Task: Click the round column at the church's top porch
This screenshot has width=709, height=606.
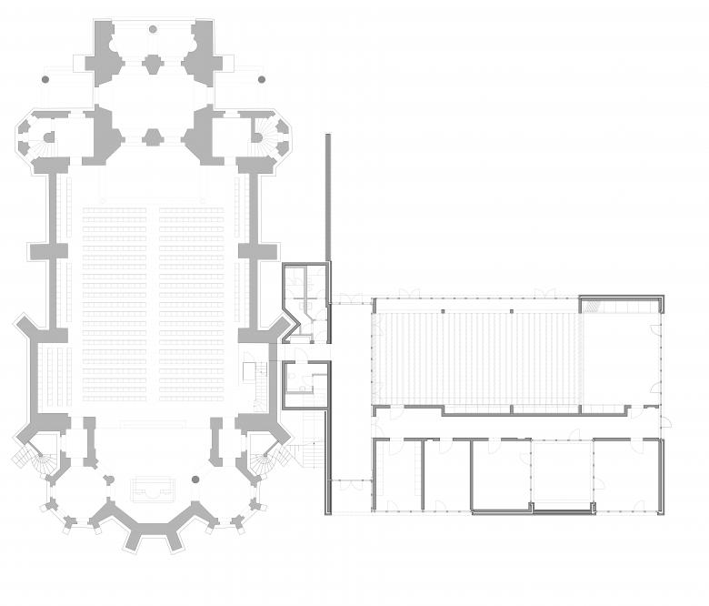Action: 151,30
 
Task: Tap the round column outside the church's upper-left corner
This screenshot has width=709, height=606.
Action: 43,79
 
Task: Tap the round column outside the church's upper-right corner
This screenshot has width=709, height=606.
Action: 261,79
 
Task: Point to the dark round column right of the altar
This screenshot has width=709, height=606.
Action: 194,479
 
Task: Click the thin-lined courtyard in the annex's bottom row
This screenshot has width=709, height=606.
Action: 562,474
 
